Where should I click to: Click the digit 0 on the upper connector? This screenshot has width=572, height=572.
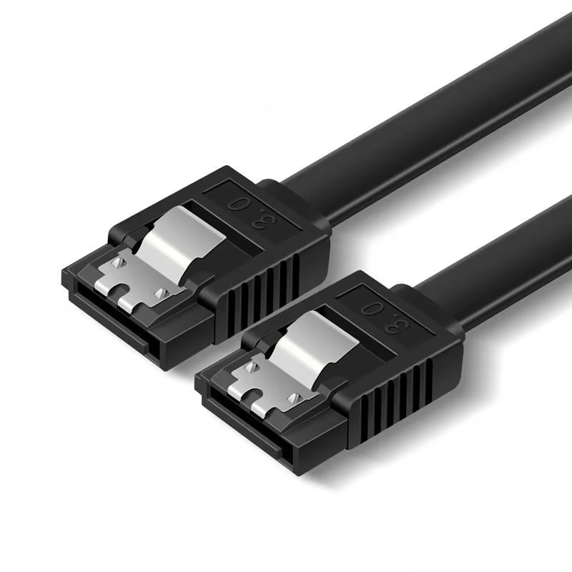pos(238,204)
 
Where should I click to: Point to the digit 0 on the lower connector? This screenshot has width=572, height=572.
pos(370,310)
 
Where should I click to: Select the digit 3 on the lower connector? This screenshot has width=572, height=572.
pos(400,323)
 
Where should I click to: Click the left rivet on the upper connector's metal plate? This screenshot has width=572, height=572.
pos(118,262)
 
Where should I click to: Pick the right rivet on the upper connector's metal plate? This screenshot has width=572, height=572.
pos(160,292)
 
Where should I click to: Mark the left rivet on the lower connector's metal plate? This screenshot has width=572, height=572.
pos(251,368)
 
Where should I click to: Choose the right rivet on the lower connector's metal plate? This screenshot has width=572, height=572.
pos(293,398)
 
